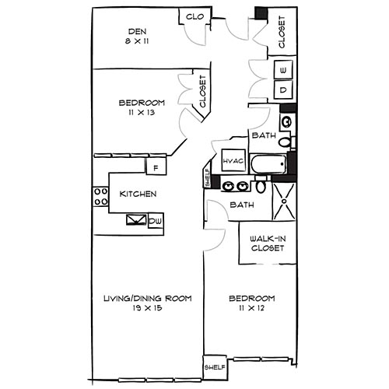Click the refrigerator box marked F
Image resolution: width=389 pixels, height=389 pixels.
point(156,167)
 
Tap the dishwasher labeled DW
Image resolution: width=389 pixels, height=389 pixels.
point(156,221)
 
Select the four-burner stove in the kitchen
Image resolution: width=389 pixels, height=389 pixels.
point(100,196)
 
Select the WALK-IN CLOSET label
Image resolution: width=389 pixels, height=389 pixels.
point(266,243)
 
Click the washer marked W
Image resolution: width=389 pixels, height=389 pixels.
point(282,71)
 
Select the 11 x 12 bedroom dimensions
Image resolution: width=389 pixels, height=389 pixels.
point(252,309)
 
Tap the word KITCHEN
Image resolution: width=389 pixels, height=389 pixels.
point(139,194)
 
